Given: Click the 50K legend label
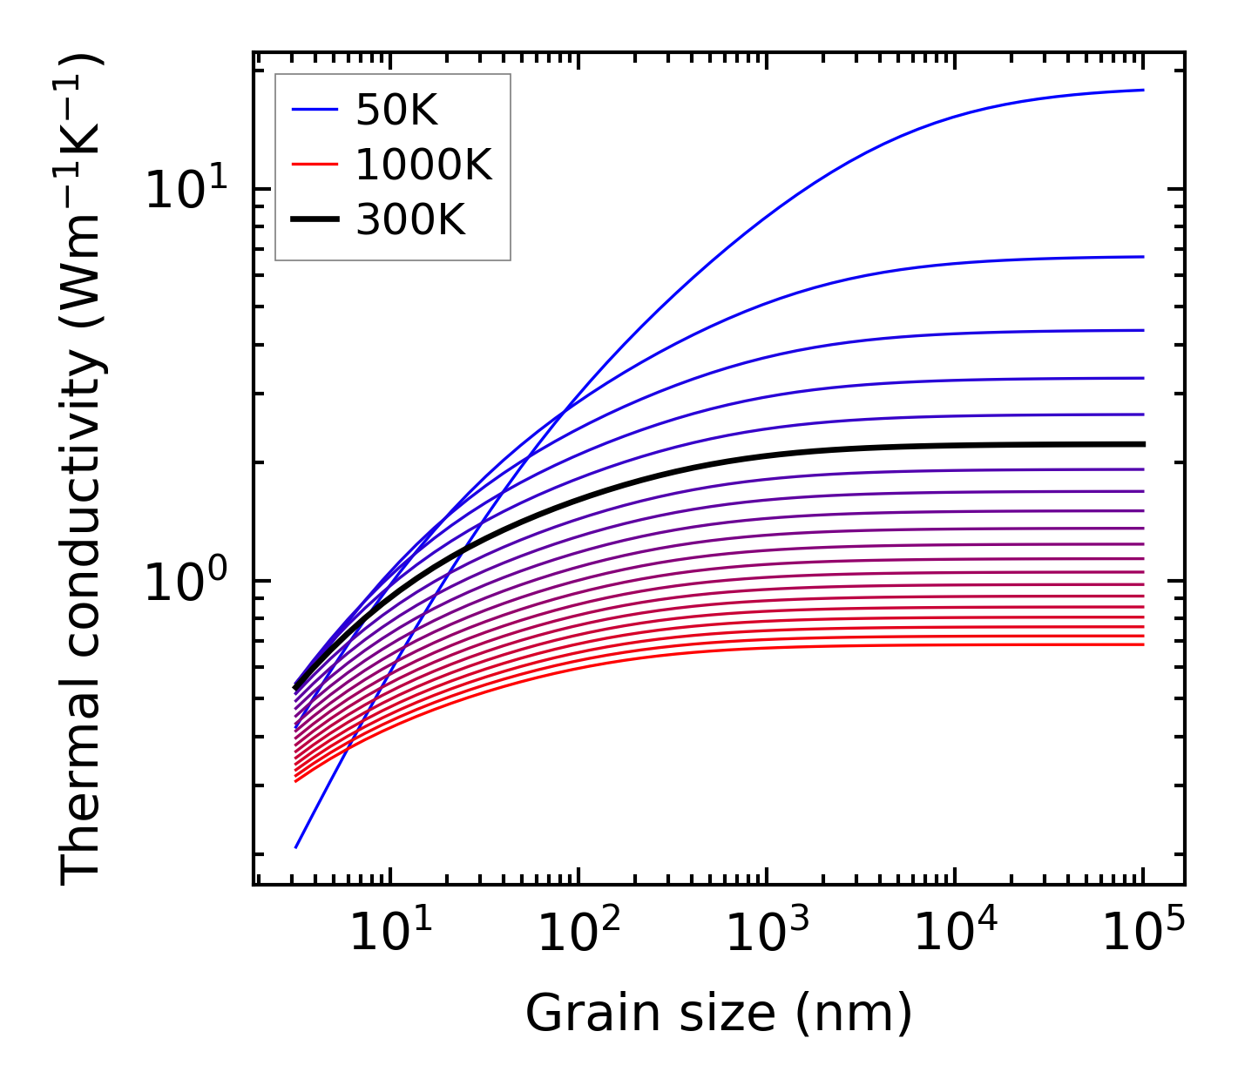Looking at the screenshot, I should tap(396, 111).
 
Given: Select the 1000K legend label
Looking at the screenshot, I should tap(423, 165).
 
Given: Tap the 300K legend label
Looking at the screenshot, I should tap(410, 220).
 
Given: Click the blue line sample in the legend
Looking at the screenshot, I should tap(314, 110).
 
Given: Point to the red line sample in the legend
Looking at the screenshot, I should tap(314, 165).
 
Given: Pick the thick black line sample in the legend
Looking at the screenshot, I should tap(314, 219).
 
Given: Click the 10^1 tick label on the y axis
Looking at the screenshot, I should tap(185, 189).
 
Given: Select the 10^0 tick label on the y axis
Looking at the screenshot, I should tap(185, 582).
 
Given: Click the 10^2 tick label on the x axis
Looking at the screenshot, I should tap(578, 933).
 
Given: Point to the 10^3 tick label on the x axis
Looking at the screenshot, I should tap(767, 933).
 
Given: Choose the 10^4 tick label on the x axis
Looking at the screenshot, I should tap(955, 933).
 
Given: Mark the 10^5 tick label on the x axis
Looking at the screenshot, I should tap(1143, 933).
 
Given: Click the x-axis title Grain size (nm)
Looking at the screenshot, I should tap(719, 1014).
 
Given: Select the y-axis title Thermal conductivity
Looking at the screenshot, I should tap(83, 468).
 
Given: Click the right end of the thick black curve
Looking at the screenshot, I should tap(1143, 444).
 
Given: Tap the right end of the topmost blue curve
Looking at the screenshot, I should tap(1143, 90).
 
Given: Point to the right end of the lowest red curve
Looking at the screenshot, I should tap(1143, 644).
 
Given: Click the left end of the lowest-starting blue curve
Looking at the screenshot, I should tap(296, 847).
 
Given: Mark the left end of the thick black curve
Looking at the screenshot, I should tap(296, 689).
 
